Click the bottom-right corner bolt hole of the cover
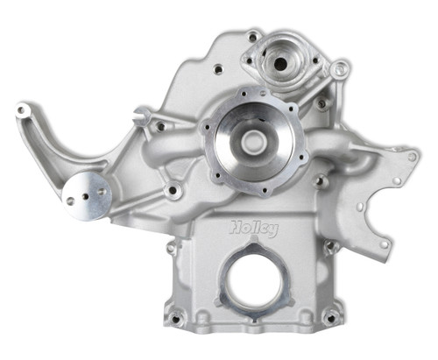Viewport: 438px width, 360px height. point(329,316)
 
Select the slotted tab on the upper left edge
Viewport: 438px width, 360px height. point(141,115)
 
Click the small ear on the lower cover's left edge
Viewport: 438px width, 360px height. point(172,249)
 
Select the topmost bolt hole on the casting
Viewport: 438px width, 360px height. point(253,37)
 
